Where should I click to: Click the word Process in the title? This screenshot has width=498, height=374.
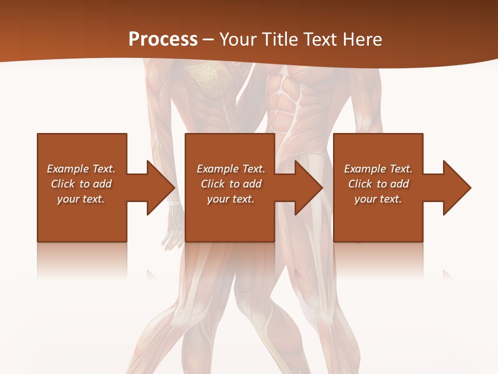click(x=163, y=39)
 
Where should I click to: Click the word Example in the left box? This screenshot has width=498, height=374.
click(x=67, y=169)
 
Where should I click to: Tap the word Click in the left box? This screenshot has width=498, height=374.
click(x=63, y=184)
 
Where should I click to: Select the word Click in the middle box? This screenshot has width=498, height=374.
click(x=213, y=184)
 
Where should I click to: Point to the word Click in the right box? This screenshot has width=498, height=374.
click(x=361, y=184)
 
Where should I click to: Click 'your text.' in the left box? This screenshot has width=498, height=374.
click(x=81, y=199)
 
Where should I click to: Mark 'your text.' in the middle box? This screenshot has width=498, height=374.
click(x=231, y=199)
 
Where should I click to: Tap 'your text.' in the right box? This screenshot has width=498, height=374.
click(x=378, y=199)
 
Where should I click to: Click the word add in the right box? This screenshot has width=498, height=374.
click(x=399, y=184)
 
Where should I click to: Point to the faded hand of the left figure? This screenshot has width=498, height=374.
click(x=173, y=229)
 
